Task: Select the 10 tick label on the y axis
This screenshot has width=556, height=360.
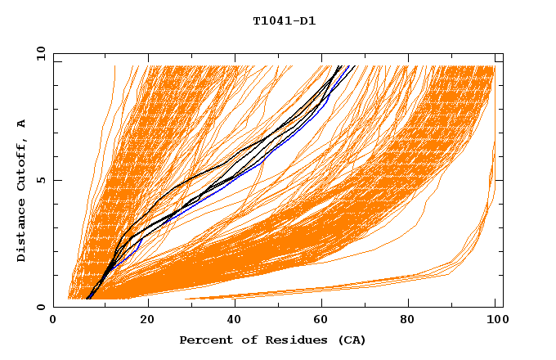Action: pos(39,53)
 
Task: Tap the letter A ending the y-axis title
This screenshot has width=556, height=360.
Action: pos(21,124)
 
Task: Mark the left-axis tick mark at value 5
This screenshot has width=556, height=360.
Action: pos(56,180)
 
